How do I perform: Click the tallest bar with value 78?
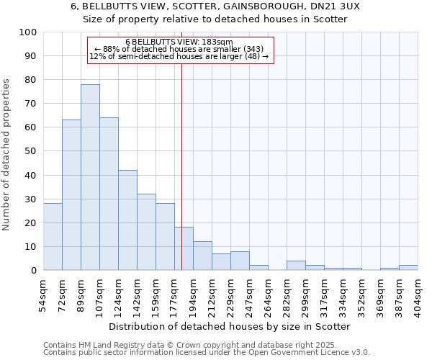tap(90, 177)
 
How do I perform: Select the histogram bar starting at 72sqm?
tap(71, 195)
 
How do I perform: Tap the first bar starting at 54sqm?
tap(53, 237)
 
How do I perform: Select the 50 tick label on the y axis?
tap(31, 151)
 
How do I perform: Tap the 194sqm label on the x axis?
tap(193, 292)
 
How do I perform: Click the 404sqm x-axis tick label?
tap(418, 292)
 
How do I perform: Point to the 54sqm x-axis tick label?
tap(43, 292)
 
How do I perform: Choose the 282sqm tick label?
tap(287, 292)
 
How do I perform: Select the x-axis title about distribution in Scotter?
tap(230, 327)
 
